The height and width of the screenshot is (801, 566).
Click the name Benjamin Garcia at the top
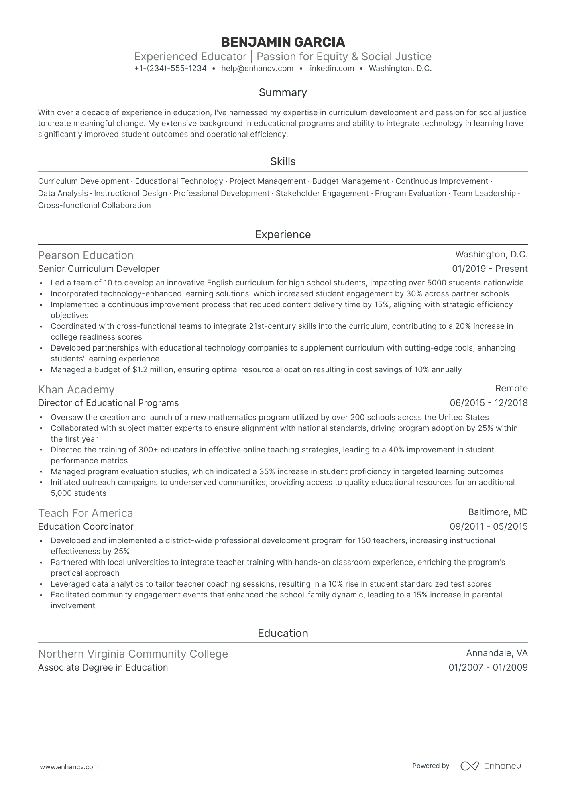[283, 42]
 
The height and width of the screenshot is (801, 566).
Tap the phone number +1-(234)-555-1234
[170, 69]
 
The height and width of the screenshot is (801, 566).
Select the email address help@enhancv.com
[257, 69]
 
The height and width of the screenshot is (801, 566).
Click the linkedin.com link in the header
[331, 69]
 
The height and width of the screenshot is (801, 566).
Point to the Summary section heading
[283, 93]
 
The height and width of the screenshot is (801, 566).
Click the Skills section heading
[283, 162]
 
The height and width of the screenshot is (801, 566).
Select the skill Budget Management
[350, 181]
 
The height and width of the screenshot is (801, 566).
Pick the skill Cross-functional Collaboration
[94, 206]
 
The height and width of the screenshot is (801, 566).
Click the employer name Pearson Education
[86, 255]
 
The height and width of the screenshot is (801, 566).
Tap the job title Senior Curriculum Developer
[99, 269]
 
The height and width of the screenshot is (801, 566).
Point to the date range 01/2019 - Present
[490, 269]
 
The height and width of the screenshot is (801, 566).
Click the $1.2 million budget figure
[153, 370]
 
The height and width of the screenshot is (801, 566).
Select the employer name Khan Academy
[76, 390]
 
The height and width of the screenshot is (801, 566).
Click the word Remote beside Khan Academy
[511, 389]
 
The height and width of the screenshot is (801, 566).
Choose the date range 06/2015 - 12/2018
[489, 403]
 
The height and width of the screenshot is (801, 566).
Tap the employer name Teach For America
[86, 513]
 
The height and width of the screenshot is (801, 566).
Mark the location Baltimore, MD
[498, 512]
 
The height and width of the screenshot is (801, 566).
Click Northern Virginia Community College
[133, 654]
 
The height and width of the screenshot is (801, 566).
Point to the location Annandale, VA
[497, 653]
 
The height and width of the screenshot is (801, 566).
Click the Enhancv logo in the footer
[491, 766]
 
